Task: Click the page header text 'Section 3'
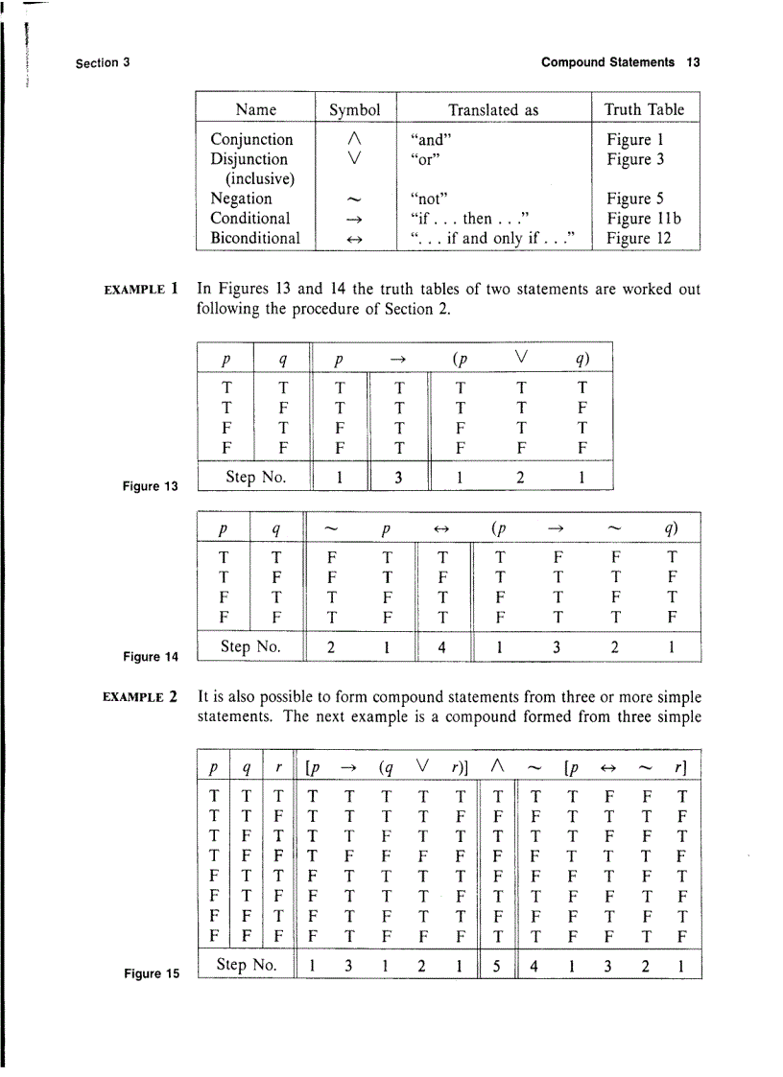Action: click(103, 63)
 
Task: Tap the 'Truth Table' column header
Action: click(644, 109)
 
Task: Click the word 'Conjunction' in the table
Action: click(251, 140)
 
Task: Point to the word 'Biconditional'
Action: click(254, 238)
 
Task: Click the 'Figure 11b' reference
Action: click(642, 219)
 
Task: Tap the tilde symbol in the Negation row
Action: click(355, 199)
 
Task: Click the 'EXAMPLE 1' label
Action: click(144, 287)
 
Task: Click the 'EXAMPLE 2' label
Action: click(144, 694)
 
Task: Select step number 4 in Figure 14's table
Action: click(441, 646)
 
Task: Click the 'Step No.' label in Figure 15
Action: click(248, 964)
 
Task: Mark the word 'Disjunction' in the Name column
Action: click(249, 159)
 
